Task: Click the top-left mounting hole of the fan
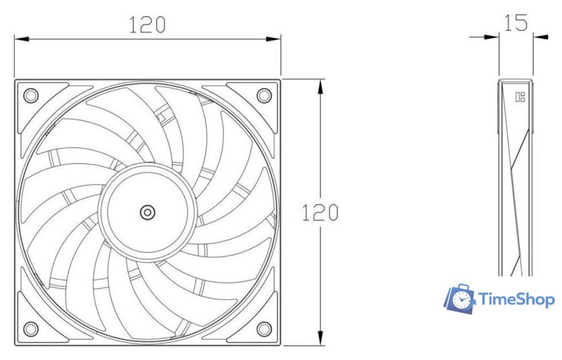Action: click(x=30, y=96)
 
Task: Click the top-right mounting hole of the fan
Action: click(x=264, y=96)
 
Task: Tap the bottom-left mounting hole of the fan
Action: click(x=30, y=329)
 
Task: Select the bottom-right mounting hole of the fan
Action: click(x=264, y=329)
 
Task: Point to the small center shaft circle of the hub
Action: click(x=147, y=212)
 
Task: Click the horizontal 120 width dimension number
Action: click(x=147, y=25)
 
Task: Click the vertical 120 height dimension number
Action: click(x=320, y=213)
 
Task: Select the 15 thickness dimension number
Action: click(x=516, y=23)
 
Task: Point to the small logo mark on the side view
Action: click(x=520, y=97)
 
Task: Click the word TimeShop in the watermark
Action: click(x=517, y=299)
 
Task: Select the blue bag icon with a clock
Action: click(x=460, y=300)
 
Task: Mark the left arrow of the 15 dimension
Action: click(x=492, y=37)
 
